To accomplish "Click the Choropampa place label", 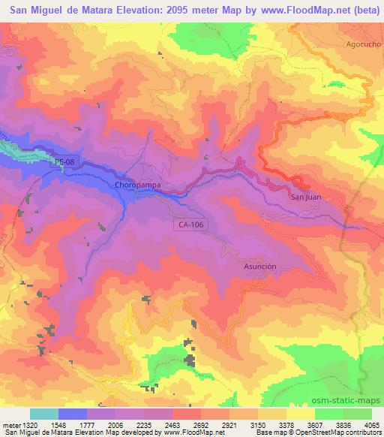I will [139, 184].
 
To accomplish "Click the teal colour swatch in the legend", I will [44, 414].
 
